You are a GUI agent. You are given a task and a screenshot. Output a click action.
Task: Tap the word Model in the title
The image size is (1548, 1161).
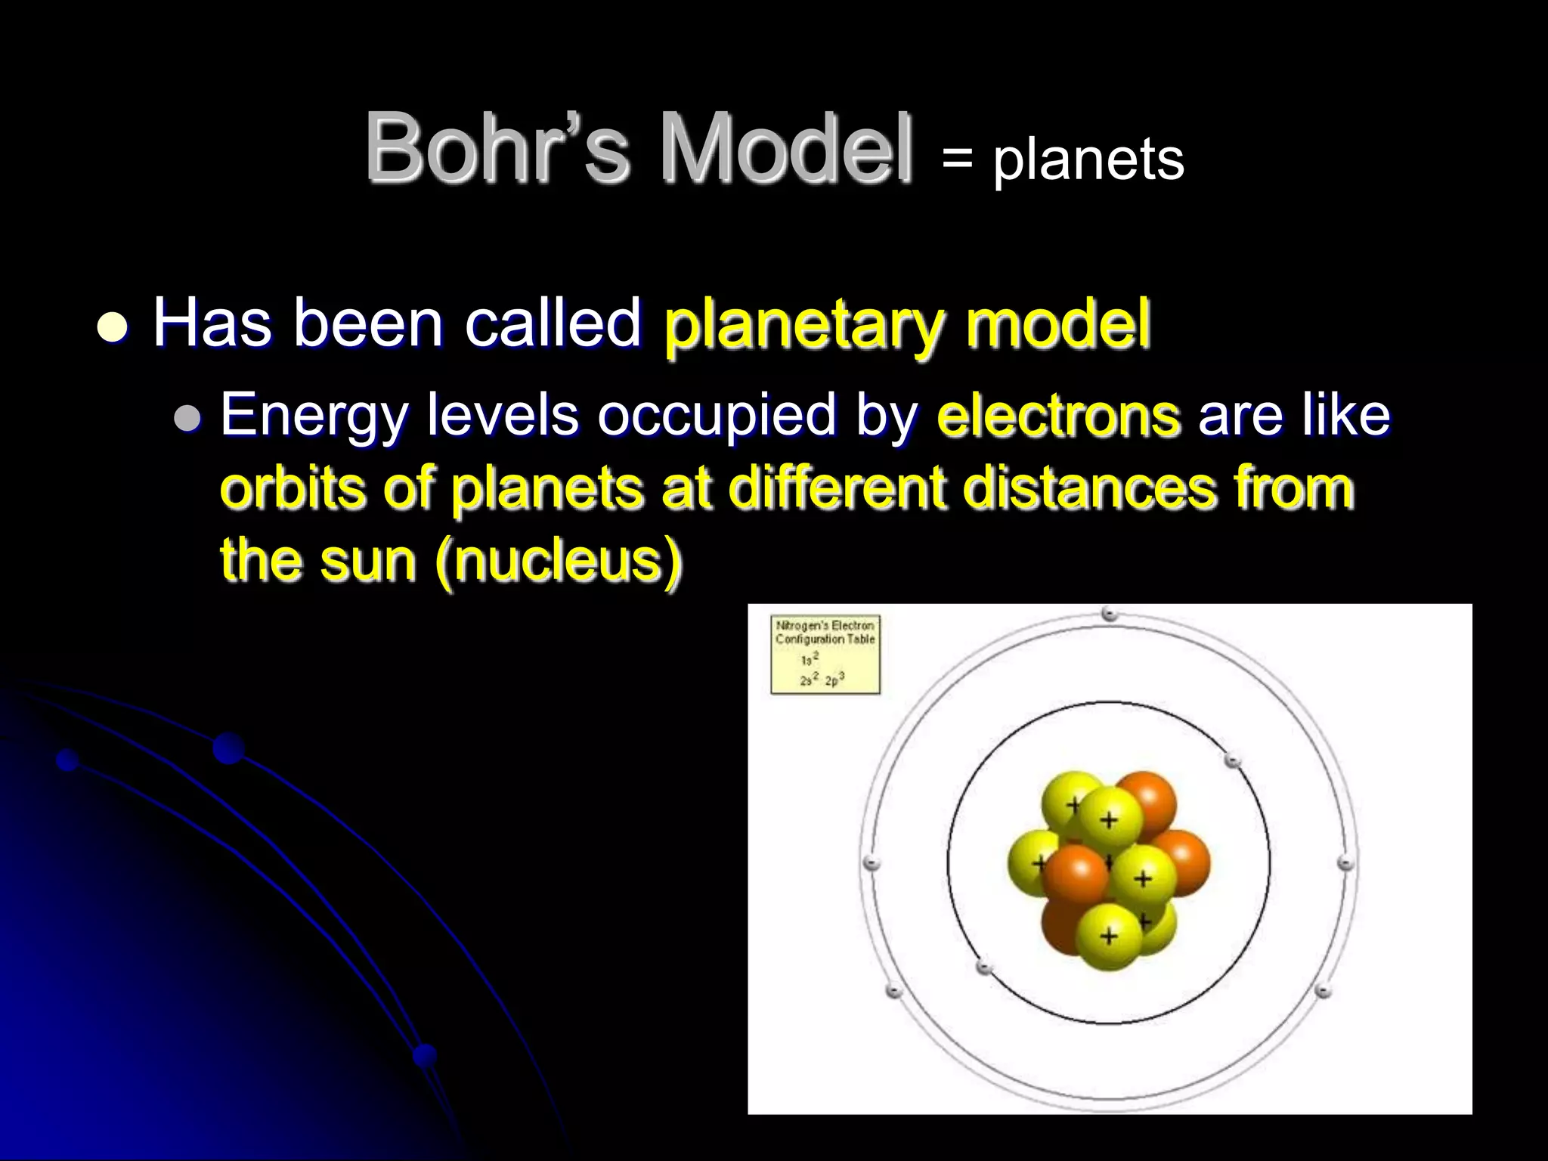point(786,147)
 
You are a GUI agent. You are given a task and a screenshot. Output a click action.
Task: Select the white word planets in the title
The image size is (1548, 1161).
point(1088,160)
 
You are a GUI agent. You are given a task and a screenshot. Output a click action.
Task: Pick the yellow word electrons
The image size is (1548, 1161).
point(1057,416)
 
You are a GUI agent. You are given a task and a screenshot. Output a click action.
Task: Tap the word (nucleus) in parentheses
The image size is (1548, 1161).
point(559,561)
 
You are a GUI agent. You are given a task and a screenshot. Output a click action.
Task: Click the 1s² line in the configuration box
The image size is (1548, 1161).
point(810,659)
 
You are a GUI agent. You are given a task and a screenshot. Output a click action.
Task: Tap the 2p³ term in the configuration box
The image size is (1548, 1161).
point(834,680)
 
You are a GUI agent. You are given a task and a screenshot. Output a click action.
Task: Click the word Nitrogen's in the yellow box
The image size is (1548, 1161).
point(802,626)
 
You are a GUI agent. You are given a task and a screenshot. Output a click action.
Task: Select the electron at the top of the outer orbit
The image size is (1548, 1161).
point(1109,614)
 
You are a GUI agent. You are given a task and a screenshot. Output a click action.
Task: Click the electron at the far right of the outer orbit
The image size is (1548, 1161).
point(1345,862)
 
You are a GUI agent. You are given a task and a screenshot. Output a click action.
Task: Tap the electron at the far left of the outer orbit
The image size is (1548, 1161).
point(871,862)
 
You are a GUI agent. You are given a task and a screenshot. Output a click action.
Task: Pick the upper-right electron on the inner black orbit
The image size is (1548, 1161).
point(1232,760)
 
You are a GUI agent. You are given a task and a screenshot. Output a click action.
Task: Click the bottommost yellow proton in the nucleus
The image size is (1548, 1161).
point(1108,937)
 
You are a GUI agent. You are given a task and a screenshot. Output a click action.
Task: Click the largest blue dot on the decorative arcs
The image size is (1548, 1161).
point(228,748)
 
